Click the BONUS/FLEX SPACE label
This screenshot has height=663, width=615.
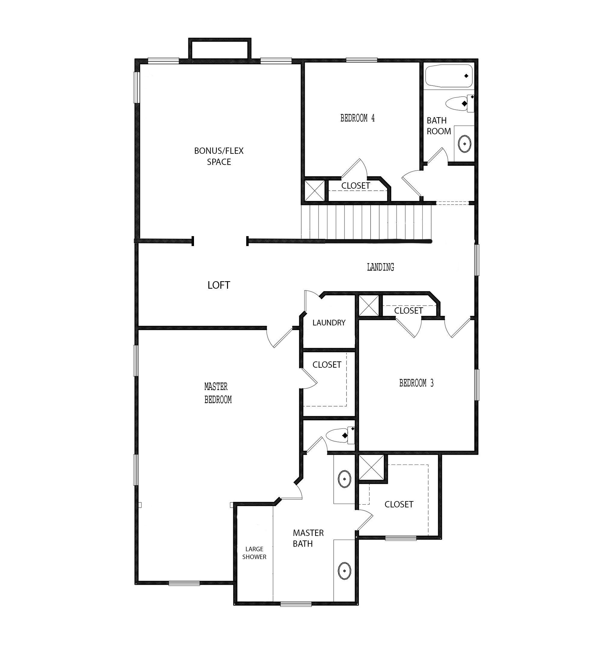point(219,156)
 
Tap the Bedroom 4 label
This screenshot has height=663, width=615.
point(357,118)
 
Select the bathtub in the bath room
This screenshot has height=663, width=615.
point(449,76)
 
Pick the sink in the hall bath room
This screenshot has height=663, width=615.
point(465,144)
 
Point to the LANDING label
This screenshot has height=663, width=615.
point(380,267)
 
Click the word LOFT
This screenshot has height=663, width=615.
point(219,285)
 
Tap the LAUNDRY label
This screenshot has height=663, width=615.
point(329,323)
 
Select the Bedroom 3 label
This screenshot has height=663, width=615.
point(416,383)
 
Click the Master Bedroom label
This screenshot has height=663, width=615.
point(218,393)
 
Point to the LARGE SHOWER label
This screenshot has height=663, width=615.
point(254,553)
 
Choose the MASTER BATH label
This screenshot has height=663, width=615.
point(303,538)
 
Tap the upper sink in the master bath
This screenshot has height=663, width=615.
point(344,479)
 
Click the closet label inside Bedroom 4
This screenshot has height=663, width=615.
point(356,186)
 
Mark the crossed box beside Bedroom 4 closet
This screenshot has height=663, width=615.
point(314,190)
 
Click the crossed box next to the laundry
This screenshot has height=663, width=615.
point(368,305)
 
